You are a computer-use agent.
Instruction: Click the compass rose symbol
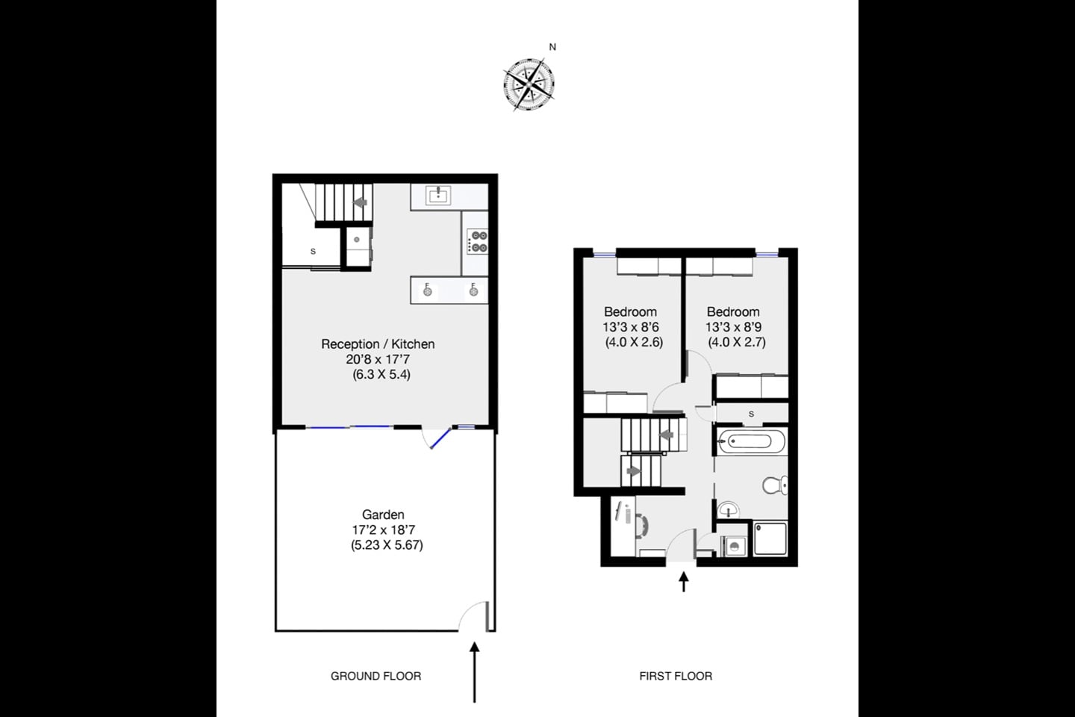529,86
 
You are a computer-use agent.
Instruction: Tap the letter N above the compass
552,47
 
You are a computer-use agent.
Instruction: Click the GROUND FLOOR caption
376,676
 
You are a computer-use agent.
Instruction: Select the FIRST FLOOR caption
676,676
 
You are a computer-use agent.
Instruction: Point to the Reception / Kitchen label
378,344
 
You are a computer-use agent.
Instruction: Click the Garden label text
383,515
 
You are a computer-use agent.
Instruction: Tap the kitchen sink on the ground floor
437,196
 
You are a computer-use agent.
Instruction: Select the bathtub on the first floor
752,441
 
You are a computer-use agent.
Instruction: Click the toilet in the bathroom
775,485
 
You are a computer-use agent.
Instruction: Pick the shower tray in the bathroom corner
770,538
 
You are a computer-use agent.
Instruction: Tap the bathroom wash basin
727,510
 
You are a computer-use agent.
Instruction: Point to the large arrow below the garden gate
474,672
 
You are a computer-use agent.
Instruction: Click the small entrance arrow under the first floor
684,582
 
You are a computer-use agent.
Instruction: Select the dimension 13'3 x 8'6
631,327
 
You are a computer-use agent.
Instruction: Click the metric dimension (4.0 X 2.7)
737,343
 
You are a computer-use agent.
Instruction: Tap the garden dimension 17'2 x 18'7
384,530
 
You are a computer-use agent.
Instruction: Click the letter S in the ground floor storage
313,252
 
